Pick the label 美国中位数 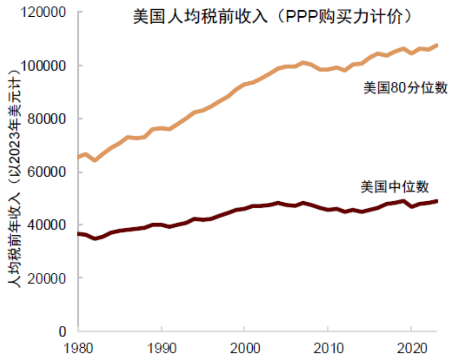coord(394,187)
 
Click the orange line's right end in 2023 coord(436,45)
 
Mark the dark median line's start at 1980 coord(79,234)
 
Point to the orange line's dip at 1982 coord(95,160)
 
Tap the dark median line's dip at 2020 coord(411,206)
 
